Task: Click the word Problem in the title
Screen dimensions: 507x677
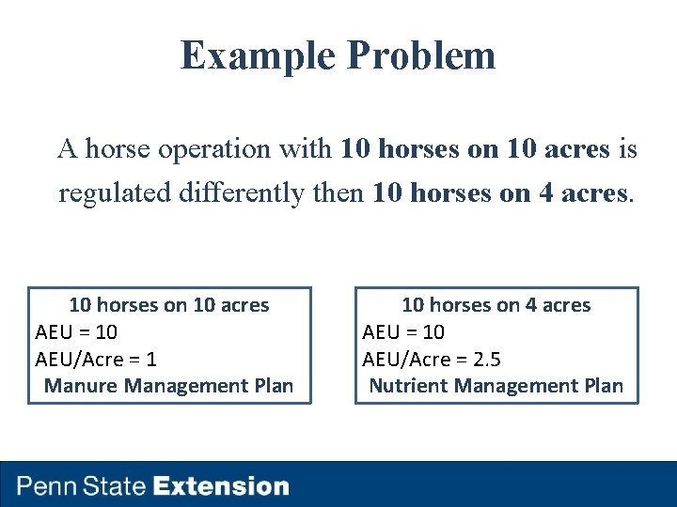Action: point(420,55)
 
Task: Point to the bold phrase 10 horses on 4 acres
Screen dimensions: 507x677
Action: point(499,192)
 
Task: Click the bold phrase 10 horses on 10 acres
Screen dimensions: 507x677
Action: point(476,148)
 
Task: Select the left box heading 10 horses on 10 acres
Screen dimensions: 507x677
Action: point(169,305)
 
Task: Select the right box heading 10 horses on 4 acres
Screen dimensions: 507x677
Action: point(496,305)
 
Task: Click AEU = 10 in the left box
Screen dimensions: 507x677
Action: point(76,332)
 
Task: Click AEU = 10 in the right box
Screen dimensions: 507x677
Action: point(403,332)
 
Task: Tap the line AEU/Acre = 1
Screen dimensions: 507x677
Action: point(96,359)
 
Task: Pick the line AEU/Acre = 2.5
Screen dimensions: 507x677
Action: point(432,359)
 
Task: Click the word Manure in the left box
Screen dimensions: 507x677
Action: point(81,386)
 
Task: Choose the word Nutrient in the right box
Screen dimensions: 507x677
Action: point(407,386)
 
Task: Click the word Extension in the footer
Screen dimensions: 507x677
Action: point(221,486)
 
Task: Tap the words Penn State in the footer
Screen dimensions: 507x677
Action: point(82,486)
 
